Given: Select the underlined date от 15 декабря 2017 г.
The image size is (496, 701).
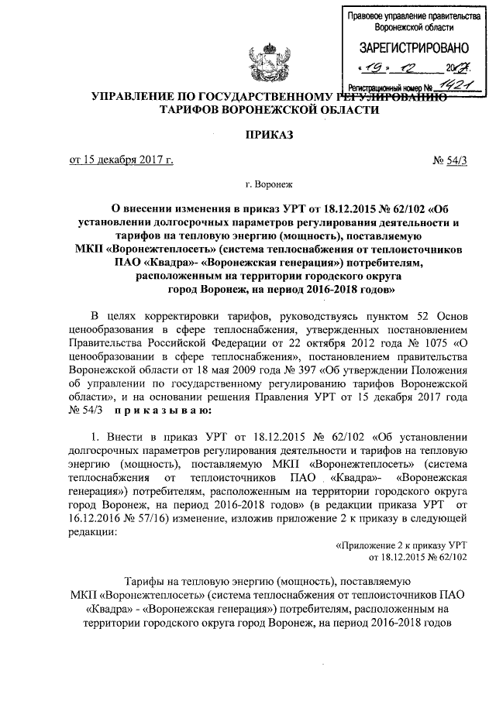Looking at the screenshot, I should pos(121,160).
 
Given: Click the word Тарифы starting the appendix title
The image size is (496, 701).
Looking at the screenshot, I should pos(148,579).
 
